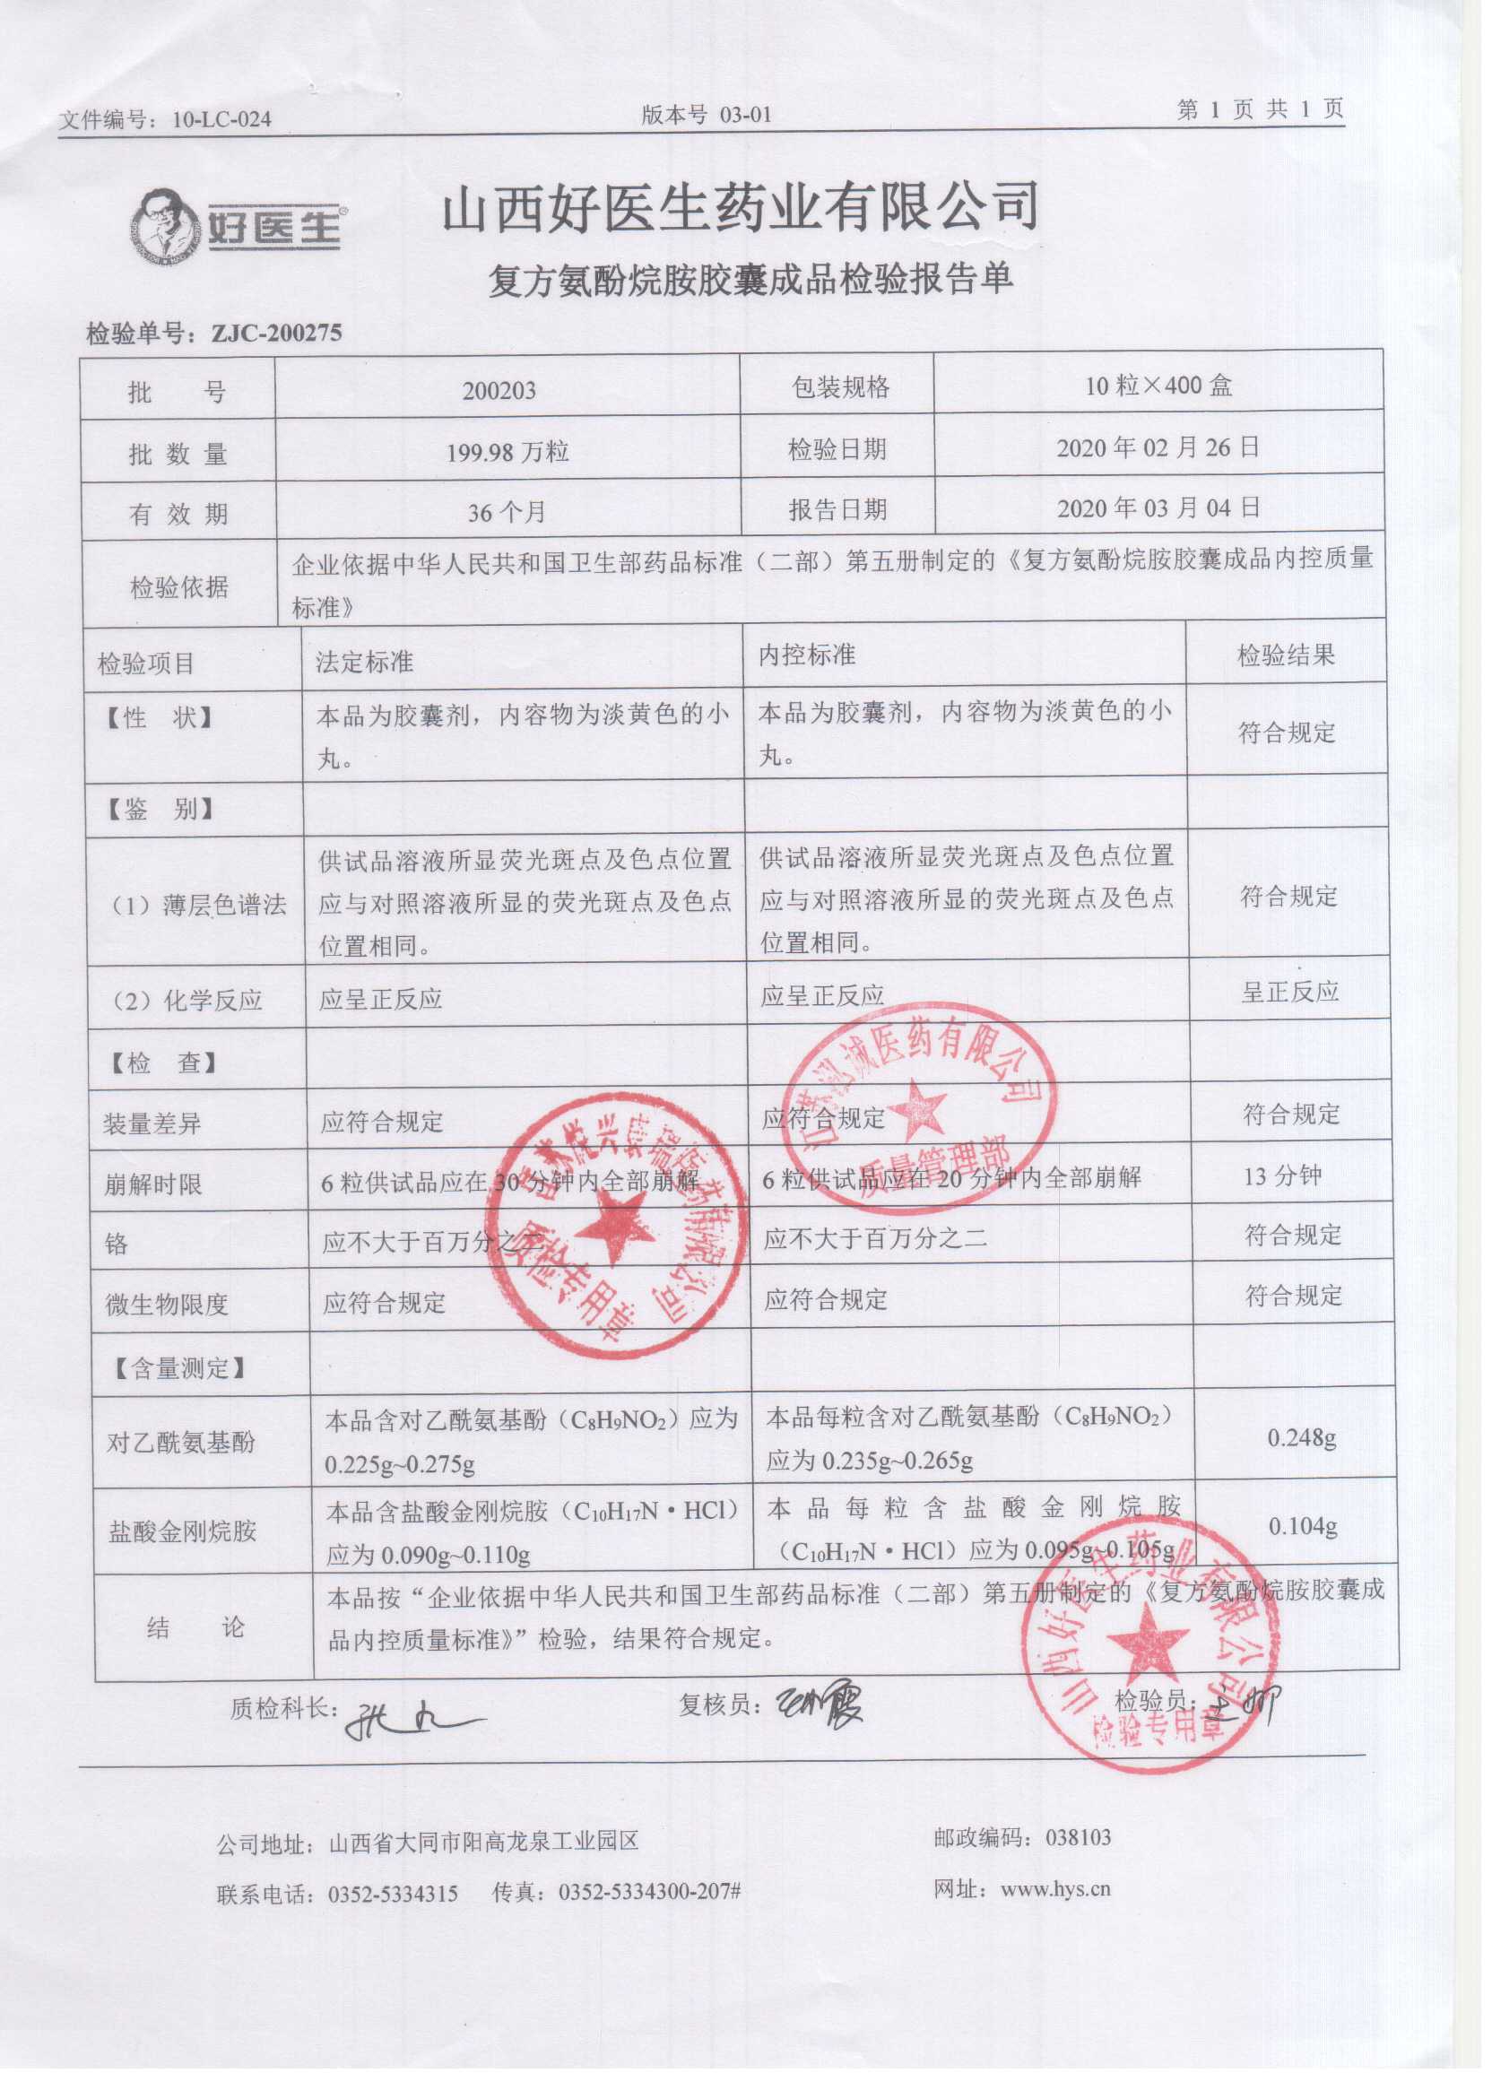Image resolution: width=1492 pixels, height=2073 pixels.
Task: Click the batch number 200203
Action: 499,391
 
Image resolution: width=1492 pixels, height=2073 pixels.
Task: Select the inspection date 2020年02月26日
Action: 1158,448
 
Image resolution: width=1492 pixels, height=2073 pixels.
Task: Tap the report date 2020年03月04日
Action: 1158,508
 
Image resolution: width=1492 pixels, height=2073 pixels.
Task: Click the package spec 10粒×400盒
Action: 1158,386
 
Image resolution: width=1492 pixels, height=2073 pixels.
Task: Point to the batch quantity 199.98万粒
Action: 507,452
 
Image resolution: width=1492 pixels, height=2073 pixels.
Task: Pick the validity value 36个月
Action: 507,513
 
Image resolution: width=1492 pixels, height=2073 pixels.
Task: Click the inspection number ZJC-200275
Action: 276,333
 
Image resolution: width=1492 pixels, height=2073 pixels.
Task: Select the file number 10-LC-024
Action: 221,120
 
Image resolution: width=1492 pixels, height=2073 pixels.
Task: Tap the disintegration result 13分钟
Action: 1281,1175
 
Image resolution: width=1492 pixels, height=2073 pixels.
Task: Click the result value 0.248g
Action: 1301,1438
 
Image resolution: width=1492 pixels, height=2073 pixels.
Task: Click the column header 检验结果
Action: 1286,655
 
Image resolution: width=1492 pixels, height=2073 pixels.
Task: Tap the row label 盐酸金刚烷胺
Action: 182,1531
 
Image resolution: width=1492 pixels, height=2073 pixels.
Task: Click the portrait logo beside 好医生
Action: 164,227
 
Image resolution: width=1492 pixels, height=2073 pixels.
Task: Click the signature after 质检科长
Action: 407,1722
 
